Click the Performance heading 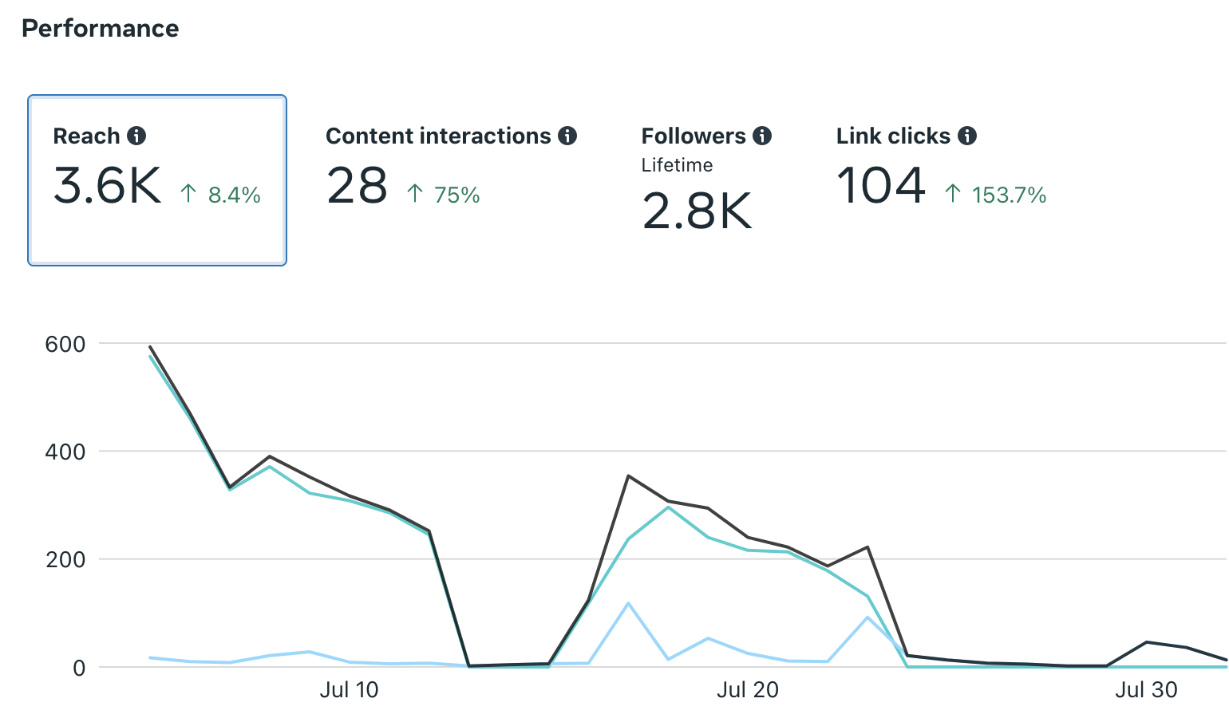coord(100,29)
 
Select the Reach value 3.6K coord(108,187)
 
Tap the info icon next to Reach coord(137,136)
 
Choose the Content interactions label coord(438,136)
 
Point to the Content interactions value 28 coord(357,187)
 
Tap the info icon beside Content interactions coord(567,136)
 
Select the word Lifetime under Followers coord(677,165)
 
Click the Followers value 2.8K coord(697,211)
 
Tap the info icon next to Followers coord(762,136)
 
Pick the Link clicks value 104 coord(881,186)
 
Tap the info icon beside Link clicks coord(967,136)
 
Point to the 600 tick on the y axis coord(65,345)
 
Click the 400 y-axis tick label coord(65,452)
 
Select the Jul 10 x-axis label coord(349,690)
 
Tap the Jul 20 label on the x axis coord(747,690)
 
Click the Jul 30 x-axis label coord(1146,690)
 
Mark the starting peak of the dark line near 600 coord(150,347)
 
